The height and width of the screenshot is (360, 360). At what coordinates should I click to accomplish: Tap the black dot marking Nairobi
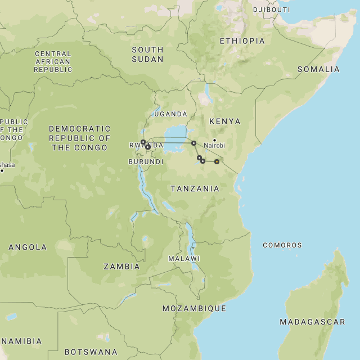214,139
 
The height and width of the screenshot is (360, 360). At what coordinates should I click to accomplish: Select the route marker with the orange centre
217,161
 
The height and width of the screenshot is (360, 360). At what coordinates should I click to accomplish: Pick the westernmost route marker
143,142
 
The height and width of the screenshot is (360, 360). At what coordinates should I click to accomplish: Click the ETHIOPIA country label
242,41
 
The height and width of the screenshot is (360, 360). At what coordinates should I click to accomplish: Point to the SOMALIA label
318,69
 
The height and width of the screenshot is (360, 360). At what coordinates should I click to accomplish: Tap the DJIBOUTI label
271,10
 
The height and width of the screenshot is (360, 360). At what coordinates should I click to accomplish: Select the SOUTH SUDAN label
147,55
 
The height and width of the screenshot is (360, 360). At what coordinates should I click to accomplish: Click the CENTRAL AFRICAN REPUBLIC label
53,62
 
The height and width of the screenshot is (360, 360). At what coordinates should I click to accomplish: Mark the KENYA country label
224,121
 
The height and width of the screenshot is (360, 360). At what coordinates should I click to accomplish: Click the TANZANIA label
195,188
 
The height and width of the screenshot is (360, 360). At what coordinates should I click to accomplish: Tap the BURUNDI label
146,161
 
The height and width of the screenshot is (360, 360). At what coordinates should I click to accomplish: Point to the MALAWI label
184,259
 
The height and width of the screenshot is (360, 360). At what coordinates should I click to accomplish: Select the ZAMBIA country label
121,267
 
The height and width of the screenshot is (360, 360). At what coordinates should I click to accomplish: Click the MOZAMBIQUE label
194,308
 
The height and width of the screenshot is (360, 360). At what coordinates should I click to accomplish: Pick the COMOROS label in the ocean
282,245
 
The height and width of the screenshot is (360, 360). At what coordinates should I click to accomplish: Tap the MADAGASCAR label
312,322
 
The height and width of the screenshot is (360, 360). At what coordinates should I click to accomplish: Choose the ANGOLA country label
28,247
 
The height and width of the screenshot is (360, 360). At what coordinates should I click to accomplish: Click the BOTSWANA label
91,352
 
